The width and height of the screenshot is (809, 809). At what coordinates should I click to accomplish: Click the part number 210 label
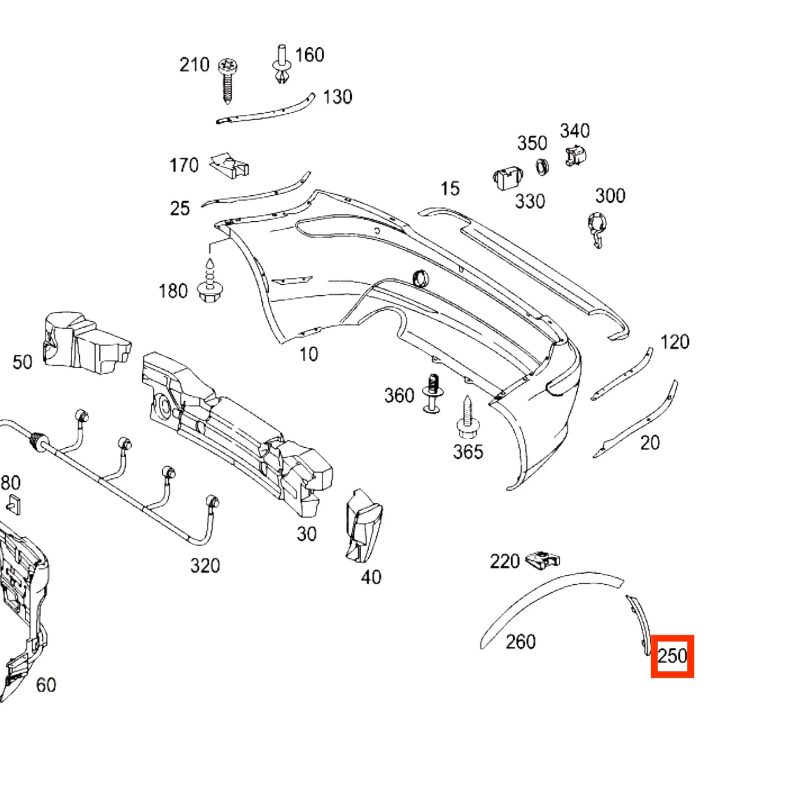194,65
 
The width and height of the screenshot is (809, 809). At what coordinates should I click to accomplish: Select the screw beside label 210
228,80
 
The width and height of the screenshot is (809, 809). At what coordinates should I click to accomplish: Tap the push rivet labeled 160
282,64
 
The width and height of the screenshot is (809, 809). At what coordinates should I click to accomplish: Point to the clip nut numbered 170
229,165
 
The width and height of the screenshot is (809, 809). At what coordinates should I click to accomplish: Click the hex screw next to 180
210,280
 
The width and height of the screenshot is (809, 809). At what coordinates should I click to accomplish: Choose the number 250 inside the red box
672,656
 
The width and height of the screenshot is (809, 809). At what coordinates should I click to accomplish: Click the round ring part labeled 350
542,167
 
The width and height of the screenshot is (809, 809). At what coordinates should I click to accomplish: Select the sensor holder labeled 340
575,155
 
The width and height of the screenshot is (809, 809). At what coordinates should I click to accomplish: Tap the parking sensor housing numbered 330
507,178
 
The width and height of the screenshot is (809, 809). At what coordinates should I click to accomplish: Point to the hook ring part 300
597,229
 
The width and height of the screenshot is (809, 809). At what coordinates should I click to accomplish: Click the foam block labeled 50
87,342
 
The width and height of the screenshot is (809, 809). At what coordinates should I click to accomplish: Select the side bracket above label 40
363,526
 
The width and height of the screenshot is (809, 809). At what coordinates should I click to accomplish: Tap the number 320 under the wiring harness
205,566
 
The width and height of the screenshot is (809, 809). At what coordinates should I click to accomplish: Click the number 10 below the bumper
309,354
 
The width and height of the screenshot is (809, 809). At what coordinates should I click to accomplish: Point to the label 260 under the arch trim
521,641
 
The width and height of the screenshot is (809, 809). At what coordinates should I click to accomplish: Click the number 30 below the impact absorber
306,534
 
